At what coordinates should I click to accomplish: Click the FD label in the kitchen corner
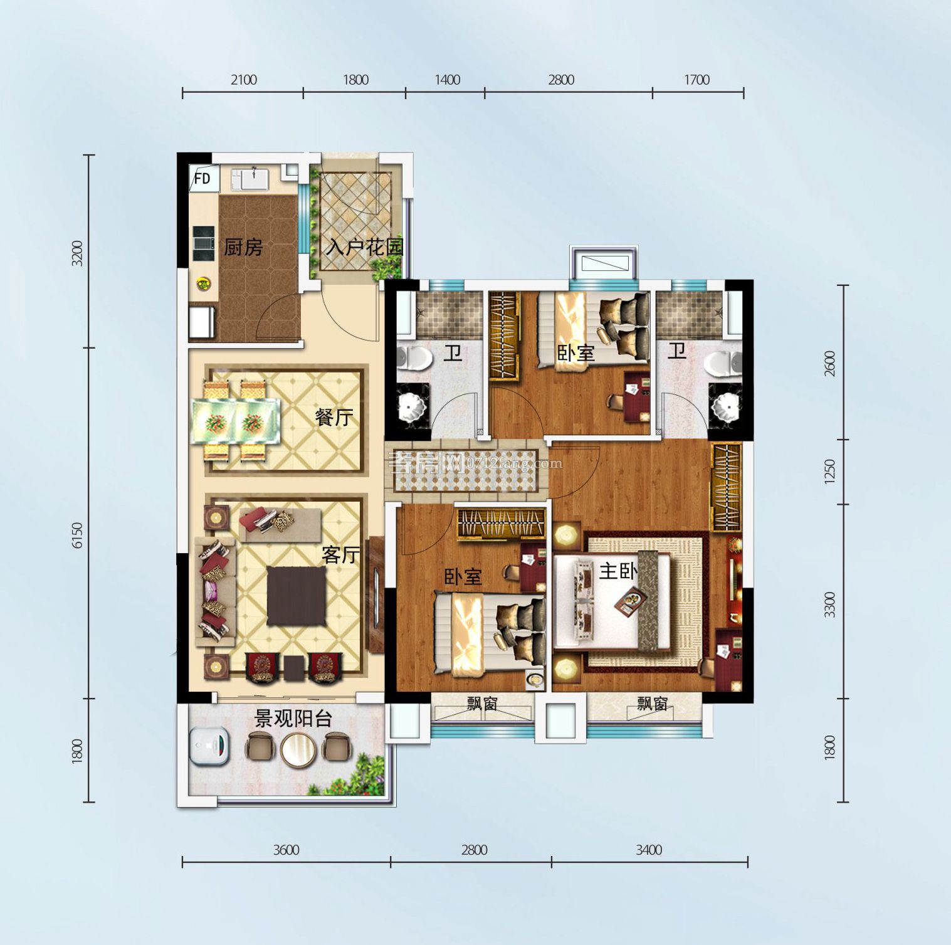[202, 179]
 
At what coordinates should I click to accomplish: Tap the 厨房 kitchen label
[243, 248]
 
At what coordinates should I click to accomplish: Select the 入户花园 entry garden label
[364, 247]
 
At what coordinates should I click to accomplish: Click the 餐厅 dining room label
[334, 418]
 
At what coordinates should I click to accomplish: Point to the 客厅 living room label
[340, 554]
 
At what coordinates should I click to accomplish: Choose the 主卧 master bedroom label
[618, 571]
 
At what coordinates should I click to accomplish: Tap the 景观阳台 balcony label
[293, 719]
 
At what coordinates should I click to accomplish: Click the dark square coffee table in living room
[297, 596]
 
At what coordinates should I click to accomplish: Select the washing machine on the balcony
[211, 746]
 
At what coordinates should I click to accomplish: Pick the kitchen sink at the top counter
[253, 179]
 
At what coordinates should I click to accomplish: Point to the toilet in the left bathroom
[414, 359]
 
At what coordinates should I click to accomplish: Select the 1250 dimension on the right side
[829, 472]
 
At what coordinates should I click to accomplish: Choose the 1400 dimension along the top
[447, 80]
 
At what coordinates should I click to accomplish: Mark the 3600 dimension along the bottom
[286, 850]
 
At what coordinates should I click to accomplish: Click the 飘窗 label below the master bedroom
[653, 704]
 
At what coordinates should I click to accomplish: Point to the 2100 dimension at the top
[243, 80]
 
